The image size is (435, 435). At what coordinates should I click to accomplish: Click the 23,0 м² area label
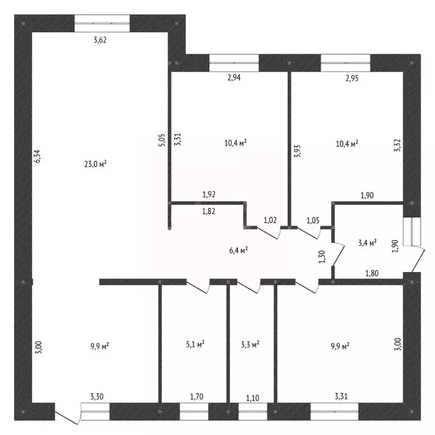[x=95, y=164]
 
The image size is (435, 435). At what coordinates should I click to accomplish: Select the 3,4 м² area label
[x=367, y=243]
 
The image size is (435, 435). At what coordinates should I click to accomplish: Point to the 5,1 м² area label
[x=195, y=344]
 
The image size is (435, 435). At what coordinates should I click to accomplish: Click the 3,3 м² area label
[x=250, y=344]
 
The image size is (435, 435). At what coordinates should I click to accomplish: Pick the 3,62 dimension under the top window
[x=100, y=40]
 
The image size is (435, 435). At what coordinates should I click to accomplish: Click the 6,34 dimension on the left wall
[x=37, y=156]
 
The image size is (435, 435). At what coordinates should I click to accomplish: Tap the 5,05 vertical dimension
[x=162, y=140]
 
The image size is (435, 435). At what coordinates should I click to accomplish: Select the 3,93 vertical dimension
[x=297, y=151]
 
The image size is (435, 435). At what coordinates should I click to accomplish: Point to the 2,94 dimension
[x=234, y=78]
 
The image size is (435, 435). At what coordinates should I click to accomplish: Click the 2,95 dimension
[x=352, y=78]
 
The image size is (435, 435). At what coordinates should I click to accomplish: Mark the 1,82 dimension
[x=208, y=211]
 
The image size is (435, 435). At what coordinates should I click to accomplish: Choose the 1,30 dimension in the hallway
[x=322, y=257]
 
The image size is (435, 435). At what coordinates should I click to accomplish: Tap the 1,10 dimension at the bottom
[x=253, y=398]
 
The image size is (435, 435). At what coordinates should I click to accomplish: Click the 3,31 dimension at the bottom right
[x=341, y=396]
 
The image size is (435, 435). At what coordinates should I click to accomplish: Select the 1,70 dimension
[x=197, y=397]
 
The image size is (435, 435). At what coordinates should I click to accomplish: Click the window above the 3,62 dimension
[x=102, y=23]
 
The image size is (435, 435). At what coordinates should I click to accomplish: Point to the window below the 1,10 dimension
[x=253, y=412]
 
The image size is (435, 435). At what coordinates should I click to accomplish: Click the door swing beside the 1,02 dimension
[x=268, y=232]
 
